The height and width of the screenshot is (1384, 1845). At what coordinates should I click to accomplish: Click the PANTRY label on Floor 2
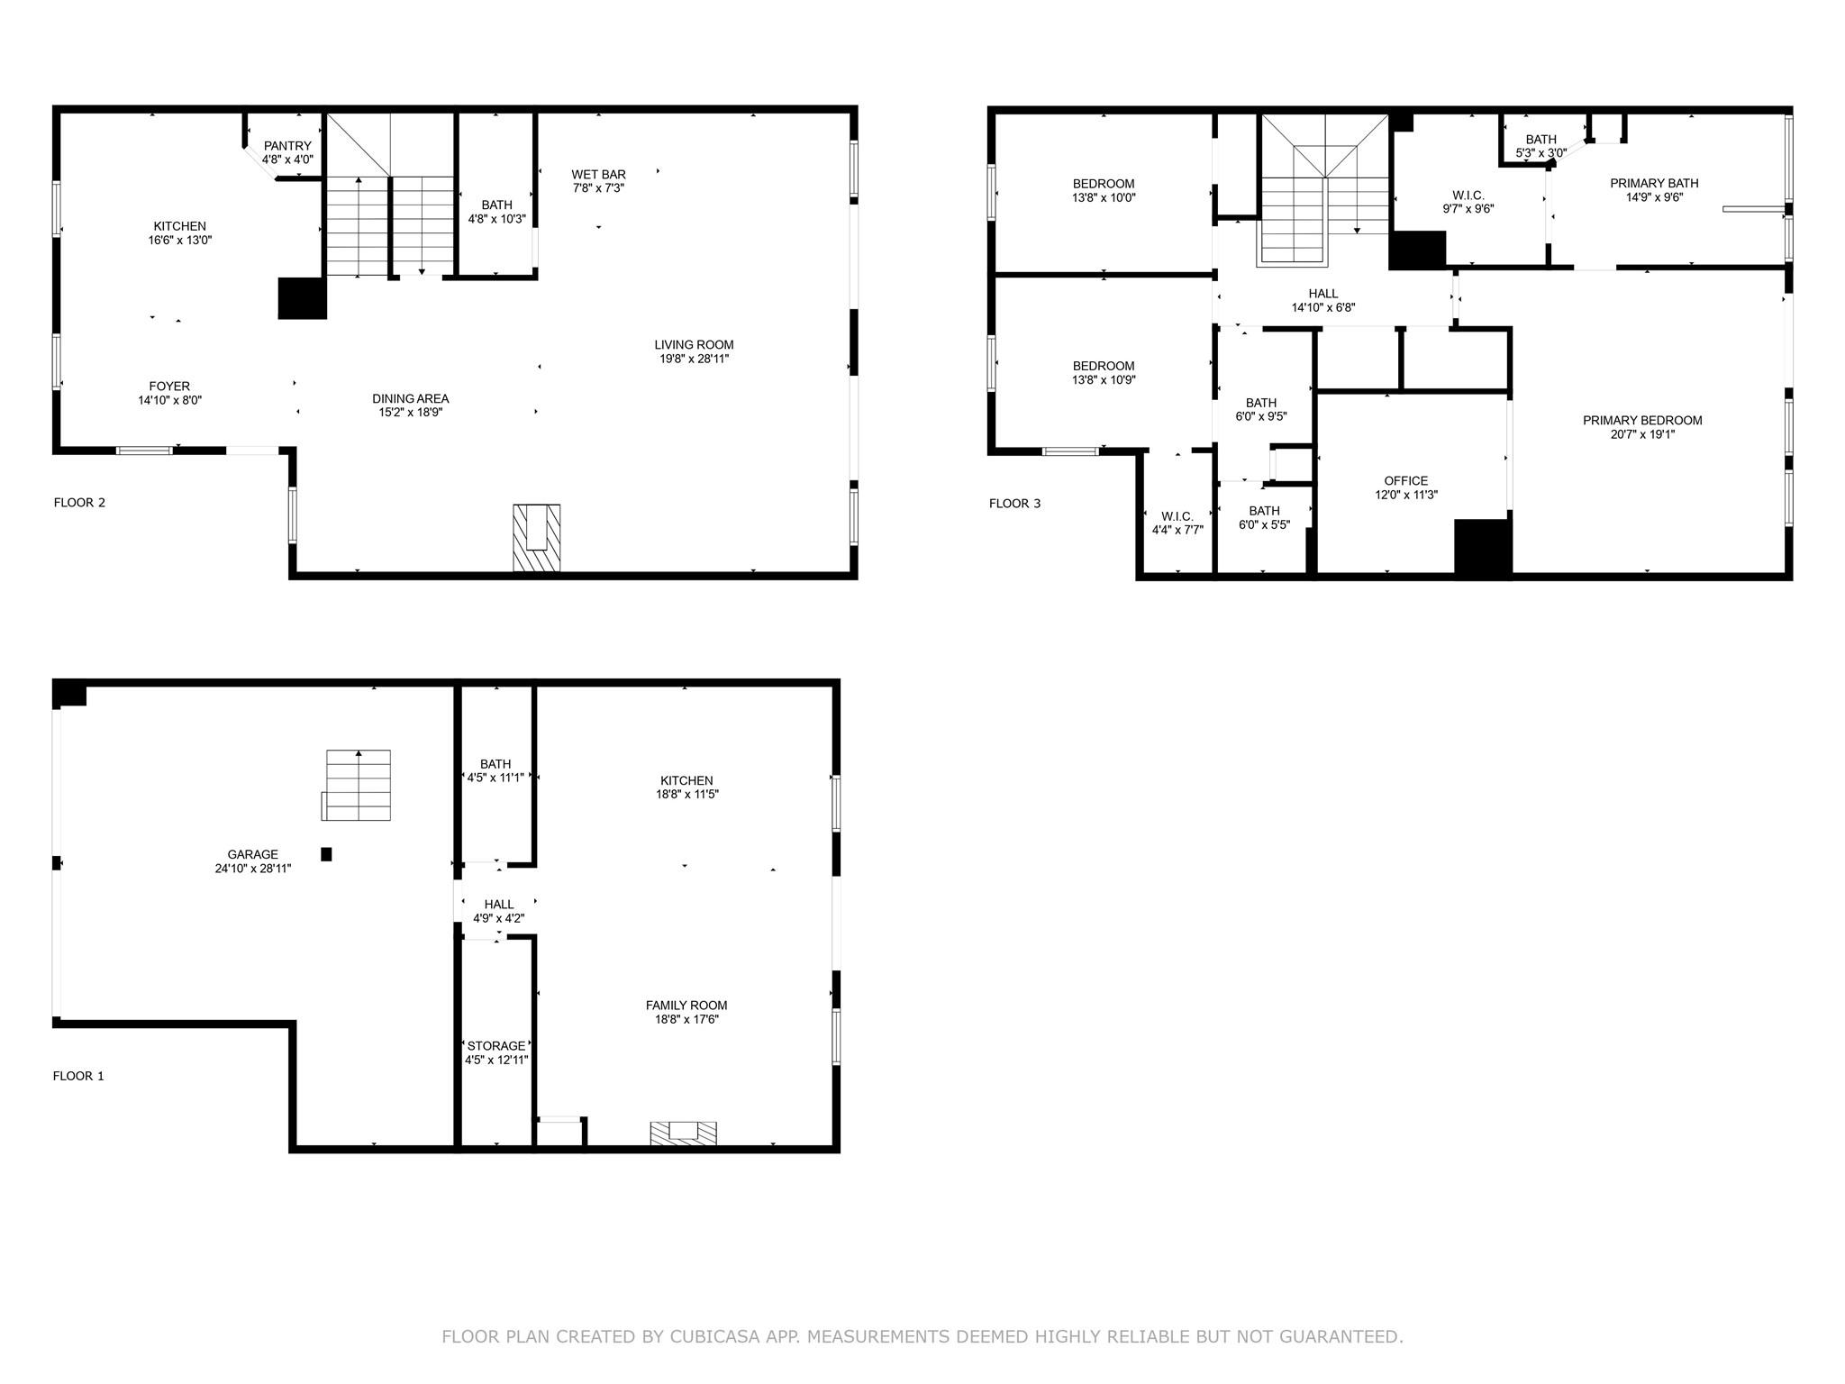click(287, 146)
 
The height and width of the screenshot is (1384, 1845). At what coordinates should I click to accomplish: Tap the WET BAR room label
click(598, 174)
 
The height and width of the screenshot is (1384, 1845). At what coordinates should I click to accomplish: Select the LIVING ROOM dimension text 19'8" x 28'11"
click(694, 359)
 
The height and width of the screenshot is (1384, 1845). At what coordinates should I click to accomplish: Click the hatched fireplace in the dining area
click(536, 537)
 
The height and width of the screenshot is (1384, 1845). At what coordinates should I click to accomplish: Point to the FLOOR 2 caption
click(79, 503)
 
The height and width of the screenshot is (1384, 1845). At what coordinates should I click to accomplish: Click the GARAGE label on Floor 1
click(252, 854)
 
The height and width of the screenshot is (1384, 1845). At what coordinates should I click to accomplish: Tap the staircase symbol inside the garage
click(358, 785)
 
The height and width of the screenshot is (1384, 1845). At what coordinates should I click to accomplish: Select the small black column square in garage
click(326, 854)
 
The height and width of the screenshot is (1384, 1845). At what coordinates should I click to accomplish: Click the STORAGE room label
click(495, 1046)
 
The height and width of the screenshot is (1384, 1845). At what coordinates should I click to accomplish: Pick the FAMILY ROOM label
click(686, 1006)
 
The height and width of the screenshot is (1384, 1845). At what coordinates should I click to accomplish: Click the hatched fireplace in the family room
click(683, 1133)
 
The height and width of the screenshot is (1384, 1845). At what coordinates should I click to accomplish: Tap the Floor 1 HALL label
click(498, 905)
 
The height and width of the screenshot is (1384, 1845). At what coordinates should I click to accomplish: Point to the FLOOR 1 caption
click(78, 1076)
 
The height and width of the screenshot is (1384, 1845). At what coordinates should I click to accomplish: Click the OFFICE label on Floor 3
click(1405, 481)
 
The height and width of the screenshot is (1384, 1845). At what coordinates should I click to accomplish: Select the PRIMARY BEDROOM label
click(1642, 421)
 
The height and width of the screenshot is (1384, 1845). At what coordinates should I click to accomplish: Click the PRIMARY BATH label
click(1654, 184)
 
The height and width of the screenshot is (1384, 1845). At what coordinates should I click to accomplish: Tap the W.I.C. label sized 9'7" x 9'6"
click(1468, 196)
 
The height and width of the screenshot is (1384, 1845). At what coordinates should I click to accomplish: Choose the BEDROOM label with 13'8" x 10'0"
click(1103, 184)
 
